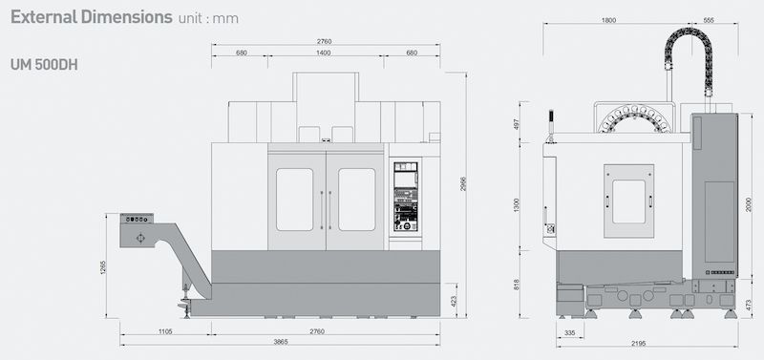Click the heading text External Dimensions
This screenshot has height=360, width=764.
click(92, 16)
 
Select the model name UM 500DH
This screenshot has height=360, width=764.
click(44, 65)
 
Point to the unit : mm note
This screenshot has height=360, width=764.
click(208, 18)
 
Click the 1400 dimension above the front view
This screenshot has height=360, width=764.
click(324, 53)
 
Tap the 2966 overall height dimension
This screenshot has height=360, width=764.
click(463, 183)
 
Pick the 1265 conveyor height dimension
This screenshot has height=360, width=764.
click(103, 267)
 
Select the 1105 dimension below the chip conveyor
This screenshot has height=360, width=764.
click(165, 331)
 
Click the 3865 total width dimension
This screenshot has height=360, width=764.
click(281, 342)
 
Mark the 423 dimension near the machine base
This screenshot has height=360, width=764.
click(454, 301)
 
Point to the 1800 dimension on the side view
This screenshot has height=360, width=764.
click(608, 20)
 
